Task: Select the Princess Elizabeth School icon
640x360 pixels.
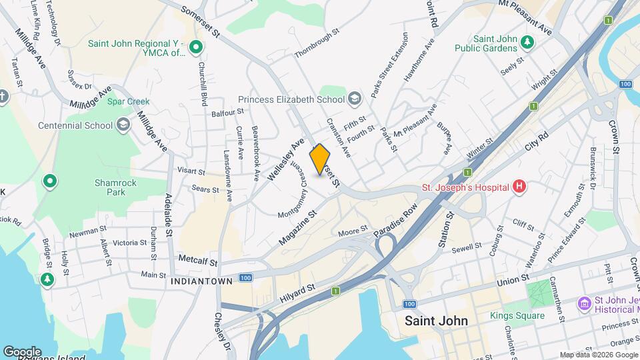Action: (355, 99)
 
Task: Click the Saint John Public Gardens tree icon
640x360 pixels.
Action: (527, 42)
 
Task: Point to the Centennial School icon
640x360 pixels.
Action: (123, 125)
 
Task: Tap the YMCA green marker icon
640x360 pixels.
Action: (195, 47)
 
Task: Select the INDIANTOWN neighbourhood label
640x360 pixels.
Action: (201, 281)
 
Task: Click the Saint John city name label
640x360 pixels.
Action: (436, 320)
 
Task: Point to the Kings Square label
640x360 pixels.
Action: (517, 315)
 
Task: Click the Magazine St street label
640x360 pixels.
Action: (297, 227)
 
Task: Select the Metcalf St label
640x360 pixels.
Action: (195, 257)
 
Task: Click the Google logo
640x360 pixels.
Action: (21, 351)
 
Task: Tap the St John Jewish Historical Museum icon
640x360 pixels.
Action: (584, 303)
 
